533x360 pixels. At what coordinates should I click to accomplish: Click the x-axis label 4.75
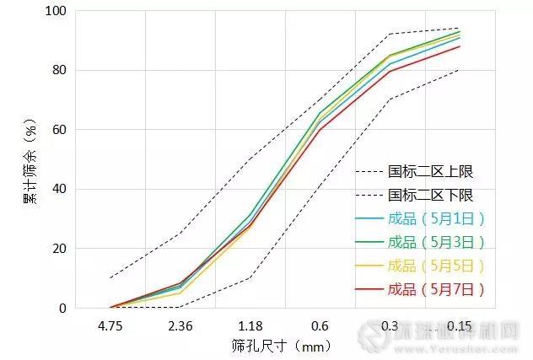click(x=110, y=325)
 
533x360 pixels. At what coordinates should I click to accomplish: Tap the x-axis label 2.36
click(x=180, y=325)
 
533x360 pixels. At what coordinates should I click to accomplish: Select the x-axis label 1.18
click(x=250, y=325)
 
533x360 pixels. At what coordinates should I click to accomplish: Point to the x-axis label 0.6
click(x=320, y=325)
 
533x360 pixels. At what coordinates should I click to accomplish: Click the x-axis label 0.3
click(x=390, y=325)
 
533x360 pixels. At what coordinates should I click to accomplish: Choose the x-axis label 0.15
click(x=460, y=325)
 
